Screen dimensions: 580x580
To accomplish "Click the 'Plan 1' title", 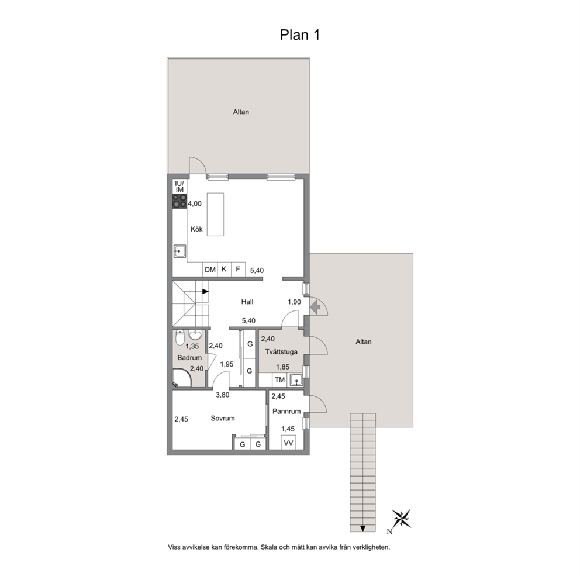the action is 299,34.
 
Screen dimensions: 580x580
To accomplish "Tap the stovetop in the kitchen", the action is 179,201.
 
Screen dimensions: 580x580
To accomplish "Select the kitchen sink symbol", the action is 179,251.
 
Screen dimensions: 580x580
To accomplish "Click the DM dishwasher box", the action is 210,270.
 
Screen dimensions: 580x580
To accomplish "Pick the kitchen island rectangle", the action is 215,214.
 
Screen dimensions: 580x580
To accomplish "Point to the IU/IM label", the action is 179,187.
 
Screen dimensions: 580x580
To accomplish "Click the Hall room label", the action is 247,302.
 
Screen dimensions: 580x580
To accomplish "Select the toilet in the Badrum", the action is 179,337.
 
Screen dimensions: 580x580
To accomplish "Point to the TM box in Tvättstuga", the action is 279,380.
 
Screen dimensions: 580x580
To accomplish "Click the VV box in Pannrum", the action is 288,443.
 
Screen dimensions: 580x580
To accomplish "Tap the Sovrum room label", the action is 223,419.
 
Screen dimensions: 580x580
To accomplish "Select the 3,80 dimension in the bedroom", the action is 223,395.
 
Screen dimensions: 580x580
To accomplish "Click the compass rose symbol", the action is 401,518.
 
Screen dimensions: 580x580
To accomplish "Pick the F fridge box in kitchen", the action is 238,270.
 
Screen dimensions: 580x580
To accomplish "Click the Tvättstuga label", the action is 281,352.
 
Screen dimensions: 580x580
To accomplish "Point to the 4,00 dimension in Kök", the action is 195,204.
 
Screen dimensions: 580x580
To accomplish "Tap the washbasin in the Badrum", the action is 195,334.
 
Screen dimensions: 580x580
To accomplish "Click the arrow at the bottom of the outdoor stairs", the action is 363,528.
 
